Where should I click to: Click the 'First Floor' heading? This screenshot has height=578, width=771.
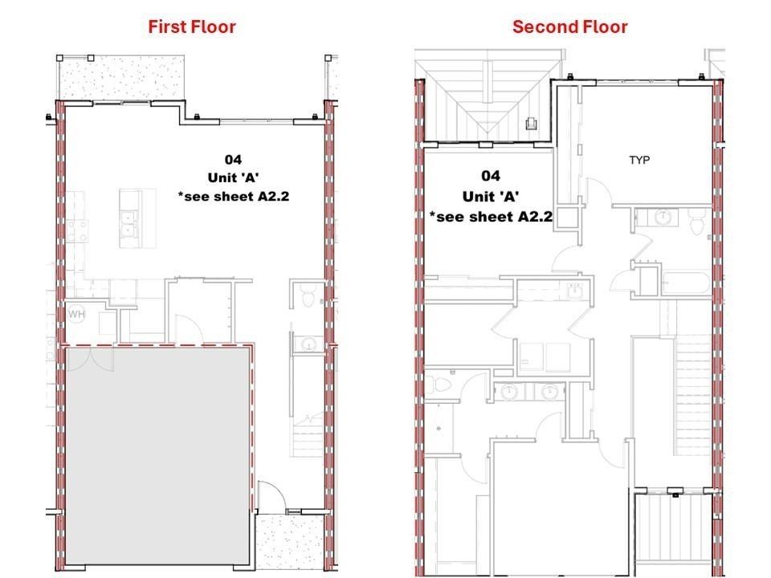pos(192,26)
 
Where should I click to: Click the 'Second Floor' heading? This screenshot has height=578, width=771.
pos(569,26)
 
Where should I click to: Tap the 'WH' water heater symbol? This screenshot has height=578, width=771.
pos(77,313)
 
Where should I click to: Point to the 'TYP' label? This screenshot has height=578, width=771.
pos(639,160)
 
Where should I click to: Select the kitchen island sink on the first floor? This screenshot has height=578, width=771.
pos(127,222)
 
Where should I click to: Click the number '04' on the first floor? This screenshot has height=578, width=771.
pos(233,160)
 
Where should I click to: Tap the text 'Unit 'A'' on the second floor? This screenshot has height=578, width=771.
pos(490,196)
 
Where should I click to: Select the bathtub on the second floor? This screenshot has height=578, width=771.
pos(685,283)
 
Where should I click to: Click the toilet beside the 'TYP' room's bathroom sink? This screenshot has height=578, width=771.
pos(697,226)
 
